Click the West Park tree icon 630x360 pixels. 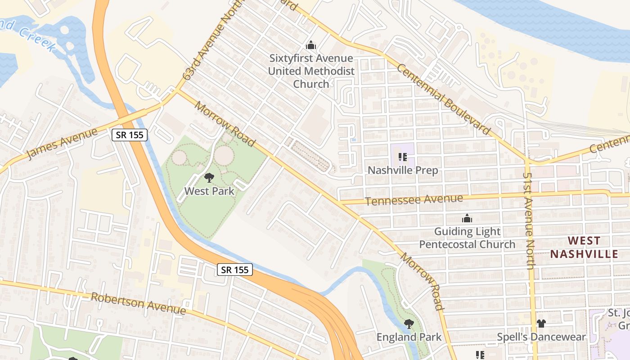click(x=209, y=177)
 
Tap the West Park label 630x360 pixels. click(x=209, y=191)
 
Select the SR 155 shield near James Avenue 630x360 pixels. click(x=130, y=135)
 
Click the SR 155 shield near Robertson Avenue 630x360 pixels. click(x=235, y=270)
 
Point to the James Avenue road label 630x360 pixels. click(x=62, y=144)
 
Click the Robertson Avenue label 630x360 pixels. click(x=139, y=304)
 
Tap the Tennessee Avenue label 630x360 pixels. click(x=414, y=200)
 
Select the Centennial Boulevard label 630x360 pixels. click(x=444, y=99)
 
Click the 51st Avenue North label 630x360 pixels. click(x=529, y=220)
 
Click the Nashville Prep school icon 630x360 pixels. click(x=403, y=157)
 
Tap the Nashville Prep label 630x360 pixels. click(x=403, y=171)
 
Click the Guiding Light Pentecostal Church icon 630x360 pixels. click(x=467, y=218)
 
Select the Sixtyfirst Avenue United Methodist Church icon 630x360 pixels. click(x=310, y=45)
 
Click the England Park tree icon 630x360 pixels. click(x=409, y=324)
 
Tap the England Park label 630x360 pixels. click(x=409, y=337)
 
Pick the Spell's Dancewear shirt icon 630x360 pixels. click(x=541, y=324)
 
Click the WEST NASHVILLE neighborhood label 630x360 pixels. click(x=584, y=247)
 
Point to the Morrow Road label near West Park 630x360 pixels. click(x=225, y=124)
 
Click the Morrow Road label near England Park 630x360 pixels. click(x=422, y=282)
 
